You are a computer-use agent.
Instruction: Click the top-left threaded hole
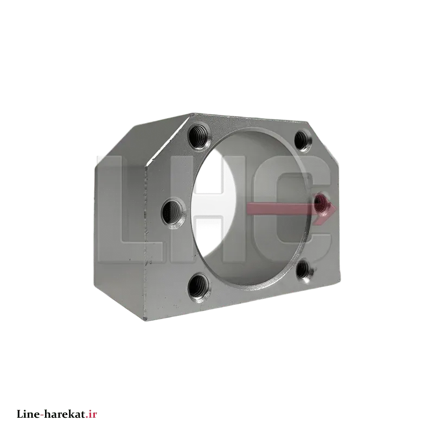pos(199,137)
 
